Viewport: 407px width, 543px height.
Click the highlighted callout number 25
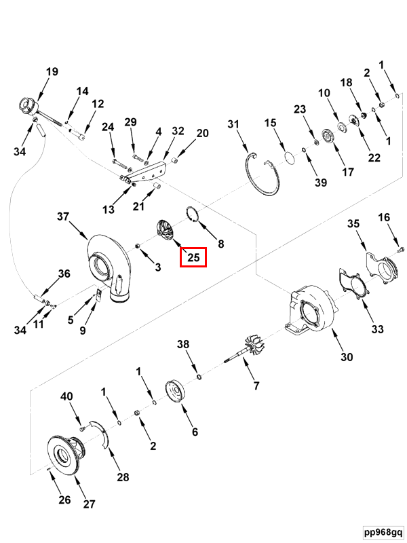[193, 257]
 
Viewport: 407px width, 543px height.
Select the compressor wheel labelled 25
[166, 229]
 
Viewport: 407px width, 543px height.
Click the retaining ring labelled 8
[192, 214]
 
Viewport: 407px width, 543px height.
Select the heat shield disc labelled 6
[176, 392]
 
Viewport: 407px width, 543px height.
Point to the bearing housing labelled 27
[66, 454]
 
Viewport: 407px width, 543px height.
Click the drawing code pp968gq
[383, 532]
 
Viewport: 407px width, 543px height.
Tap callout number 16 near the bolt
[384, 217]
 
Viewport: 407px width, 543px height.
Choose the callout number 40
[66, 396]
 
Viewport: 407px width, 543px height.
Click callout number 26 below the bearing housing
[64, 500]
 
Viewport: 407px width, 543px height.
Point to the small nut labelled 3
[136, 246]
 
